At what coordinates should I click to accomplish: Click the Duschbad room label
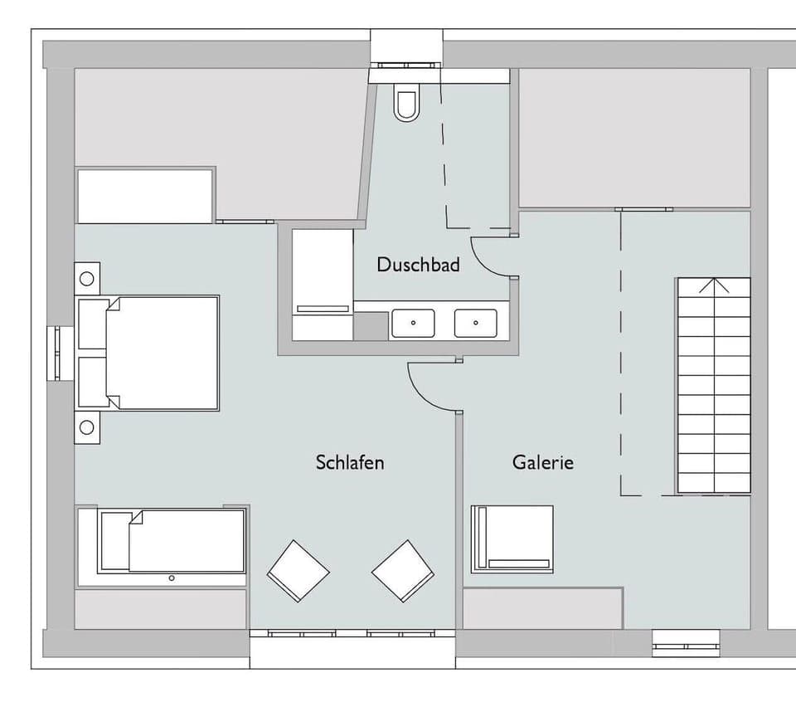pos(418,265)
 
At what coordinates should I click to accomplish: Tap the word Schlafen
pos(350,462)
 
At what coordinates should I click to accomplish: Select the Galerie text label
pos(542,462)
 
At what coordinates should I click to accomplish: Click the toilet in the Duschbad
pos(406,105)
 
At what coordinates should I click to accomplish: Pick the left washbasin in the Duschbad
pos(413,323)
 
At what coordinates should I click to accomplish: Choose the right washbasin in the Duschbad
pos(476,323)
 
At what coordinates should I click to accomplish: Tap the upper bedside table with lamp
pos(87,279)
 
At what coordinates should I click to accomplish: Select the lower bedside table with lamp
pos(87,427)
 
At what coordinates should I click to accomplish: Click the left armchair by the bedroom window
pos(298,570)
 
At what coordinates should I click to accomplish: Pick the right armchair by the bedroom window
pos(403,570)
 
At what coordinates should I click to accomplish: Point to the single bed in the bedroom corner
pos(172,541)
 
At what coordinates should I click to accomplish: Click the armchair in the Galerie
pos(512,539)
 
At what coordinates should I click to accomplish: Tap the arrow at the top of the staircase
pos(714,286)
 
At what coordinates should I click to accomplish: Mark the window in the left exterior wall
pos(55,353)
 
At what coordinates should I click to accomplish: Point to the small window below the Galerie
pos(686,643)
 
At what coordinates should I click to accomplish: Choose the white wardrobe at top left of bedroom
pos(145,196)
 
